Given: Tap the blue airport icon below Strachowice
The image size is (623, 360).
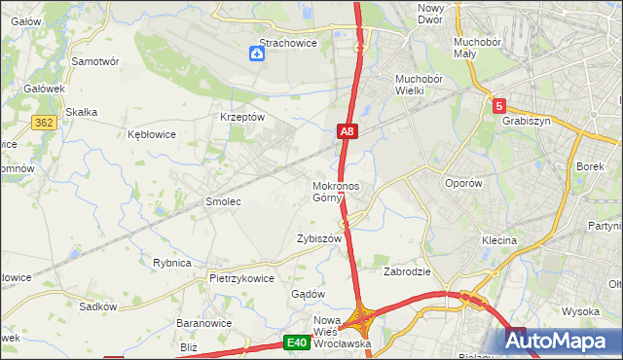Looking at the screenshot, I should (x=256, y=54).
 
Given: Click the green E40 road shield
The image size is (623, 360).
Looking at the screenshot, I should (x=297, y=342).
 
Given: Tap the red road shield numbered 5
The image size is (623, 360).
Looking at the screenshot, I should (x=498, y=106).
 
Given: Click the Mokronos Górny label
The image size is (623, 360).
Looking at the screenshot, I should (x=337, y=192).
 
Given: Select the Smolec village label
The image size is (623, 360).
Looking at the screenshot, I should (x=222, y=201).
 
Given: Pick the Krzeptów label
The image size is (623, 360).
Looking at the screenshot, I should (x=243, y=117).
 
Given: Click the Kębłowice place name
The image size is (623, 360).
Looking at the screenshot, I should (x=152, y=135).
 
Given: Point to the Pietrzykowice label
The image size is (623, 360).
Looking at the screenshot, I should (x=241, y=277).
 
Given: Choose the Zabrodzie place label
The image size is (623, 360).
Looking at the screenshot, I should (x=407, y=272).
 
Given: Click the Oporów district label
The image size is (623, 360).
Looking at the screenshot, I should (x=463, y=183).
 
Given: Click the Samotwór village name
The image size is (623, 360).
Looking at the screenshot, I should (x=95, y=60).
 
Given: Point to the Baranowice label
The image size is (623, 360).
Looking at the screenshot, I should (x=202, y=322).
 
